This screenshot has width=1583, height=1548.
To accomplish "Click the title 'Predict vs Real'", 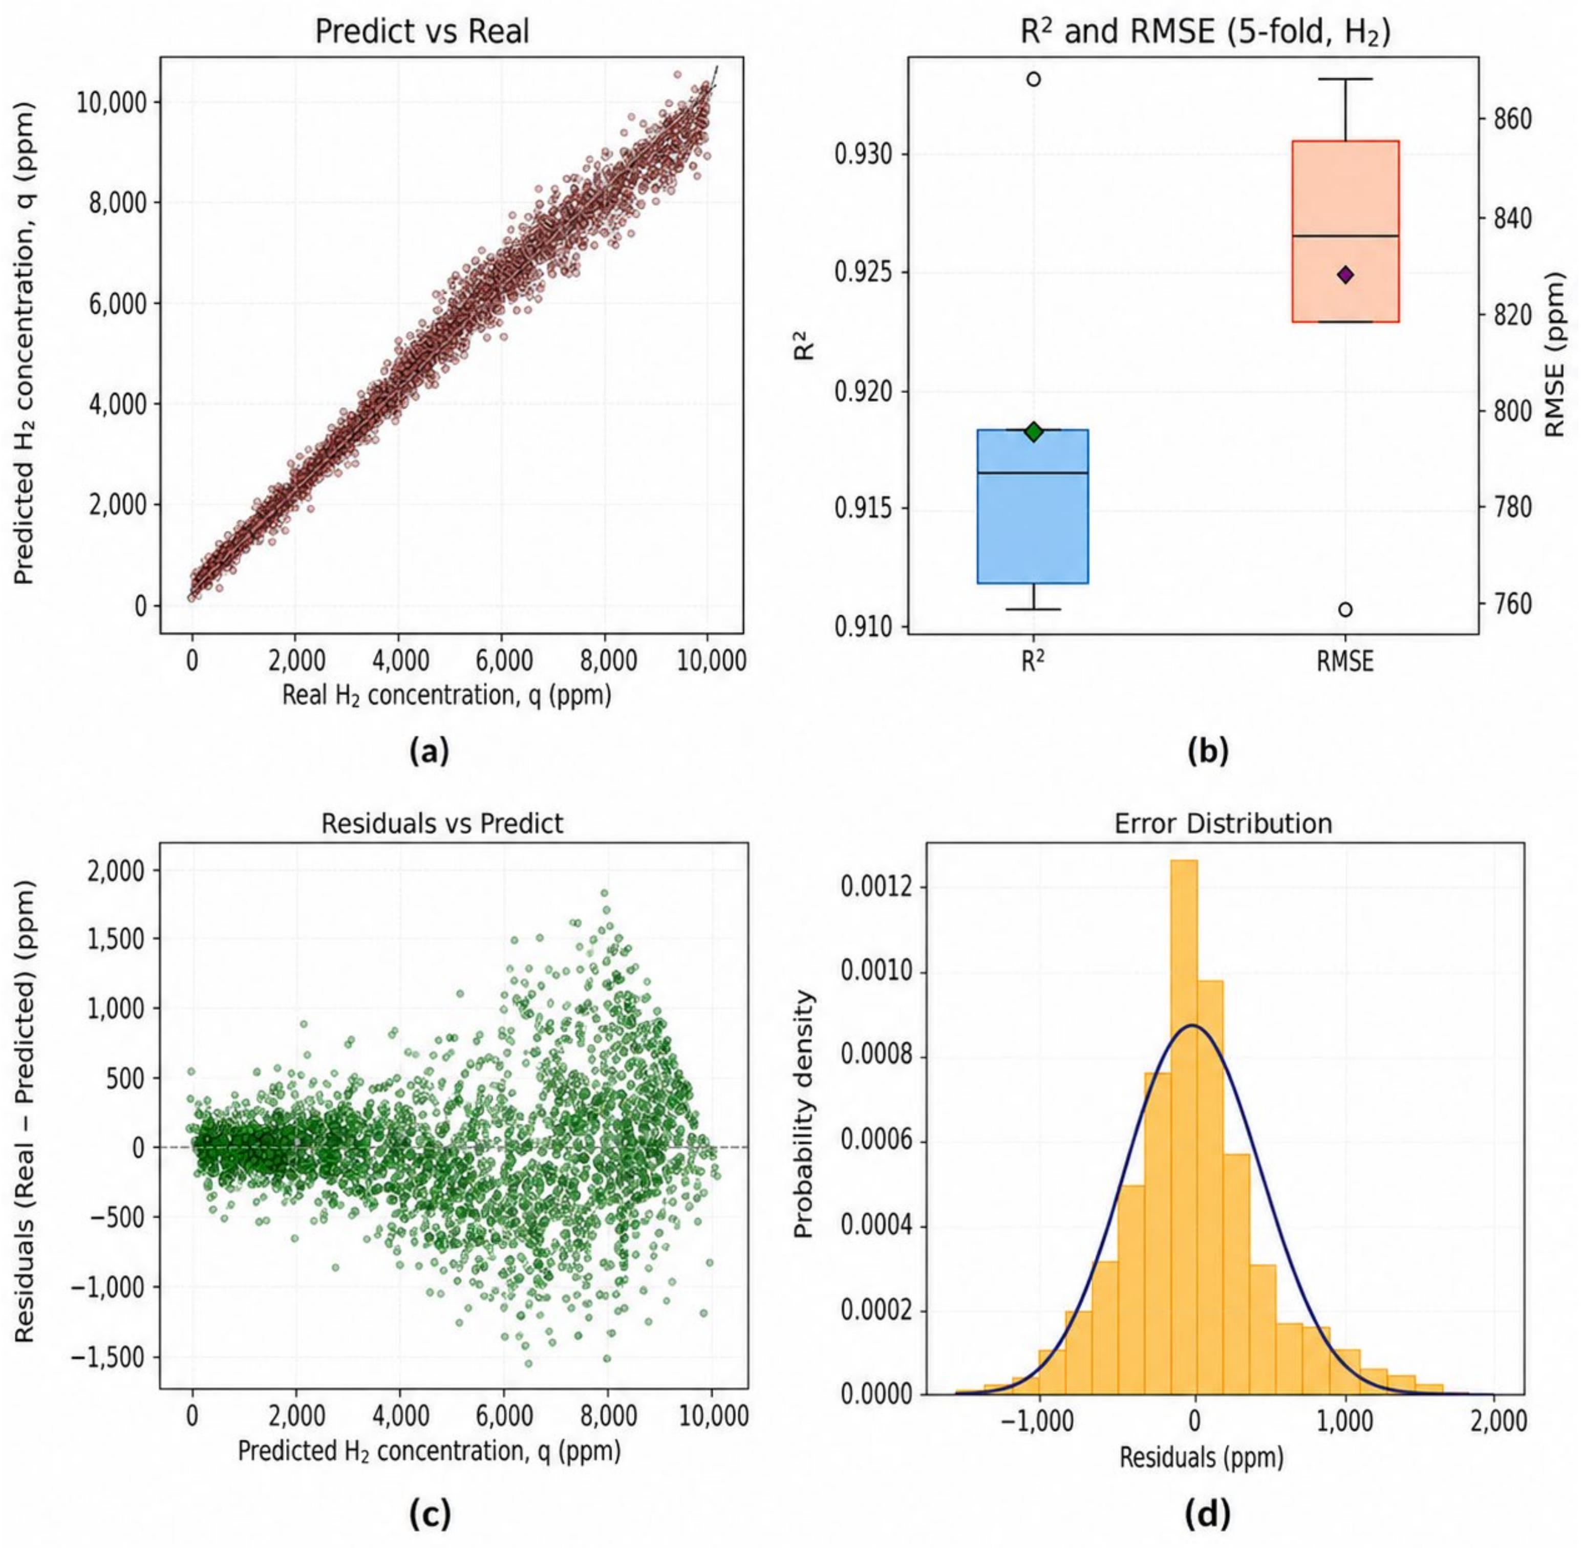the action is click(422, 32).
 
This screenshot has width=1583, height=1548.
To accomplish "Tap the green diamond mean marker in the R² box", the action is click(1033, 432).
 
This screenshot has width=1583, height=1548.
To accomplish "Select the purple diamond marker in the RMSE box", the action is click(1345, 275).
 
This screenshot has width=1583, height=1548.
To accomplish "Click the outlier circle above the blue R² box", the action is click(1033, 79).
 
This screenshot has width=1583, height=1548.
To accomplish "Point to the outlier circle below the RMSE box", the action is click(1345, 610).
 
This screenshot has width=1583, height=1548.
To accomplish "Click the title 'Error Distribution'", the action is click(1223, 824).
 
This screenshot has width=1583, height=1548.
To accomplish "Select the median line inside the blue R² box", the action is click(1033, 472).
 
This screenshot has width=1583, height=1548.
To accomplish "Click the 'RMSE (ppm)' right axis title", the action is click(1554, 354).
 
